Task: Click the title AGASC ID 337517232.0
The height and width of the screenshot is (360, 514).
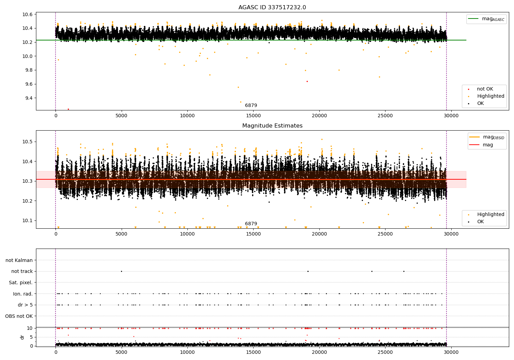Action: (x=272, y=8)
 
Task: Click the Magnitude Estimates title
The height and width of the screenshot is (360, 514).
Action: (x=272, y=126)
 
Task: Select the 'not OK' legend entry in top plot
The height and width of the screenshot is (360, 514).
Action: (x=485, y=89)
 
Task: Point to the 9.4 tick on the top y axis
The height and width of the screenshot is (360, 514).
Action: (x=27, y=98)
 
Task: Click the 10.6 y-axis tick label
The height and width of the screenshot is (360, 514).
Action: (x=27, y=14)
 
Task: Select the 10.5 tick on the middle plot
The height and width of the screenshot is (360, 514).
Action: (x=27, y=142)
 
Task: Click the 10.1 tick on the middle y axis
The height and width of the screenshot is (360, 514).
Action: (x=27, y=220)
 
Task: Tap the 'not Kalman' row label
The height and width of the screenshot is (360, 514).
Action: (x=19, y=260)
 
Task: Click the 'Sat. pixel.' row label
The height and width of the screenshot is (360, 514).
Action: (x=21, y=283)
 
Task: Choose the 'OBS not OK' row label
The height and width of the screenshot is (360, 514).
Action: (x=19, y=316)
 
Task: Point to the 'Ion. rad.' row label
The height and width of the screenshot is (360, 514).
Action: (x=23, y=294)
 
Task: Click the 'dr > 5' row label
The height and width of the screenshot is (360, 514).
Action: (x=25, y=305)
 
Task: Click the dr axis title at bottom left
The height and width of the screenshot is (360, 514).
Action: (x=22, y=337)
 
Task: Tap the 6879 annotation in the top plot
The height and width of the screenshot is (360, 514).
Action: (x=251, y=106)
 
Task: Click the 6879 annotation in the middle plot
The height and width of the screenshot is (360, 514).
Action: (x=251, y=224)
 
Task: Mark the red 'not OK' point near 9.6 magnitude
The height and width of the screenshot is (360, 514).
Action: (x=307, y=81)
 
